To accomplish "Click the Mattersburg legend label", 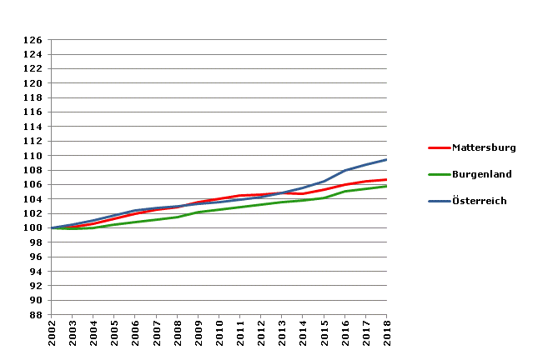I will [484, 147].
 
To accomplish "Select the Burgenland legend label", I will [482, 174].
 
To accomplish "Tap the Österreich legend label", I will [480, 201].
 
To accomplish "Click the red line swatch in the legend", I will [439, 147].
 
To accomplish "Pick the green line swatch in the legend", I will [439, 174].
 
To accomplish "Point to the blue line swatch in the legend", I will [439, 201].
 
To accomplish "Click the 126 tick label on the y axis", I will [33, 40].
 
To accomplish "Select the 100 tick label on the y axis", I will [33, 228].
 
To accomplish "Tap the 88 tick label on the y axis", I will [36, 315].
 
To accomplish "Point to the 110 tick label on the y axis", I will [33, 156].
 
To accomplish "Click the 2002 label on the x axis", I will [52, 337].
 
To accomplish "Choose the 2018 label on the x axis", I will [387, 337].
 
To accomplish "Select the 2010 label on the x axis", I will [219, 337].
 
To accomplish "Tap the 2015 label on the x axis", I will [324, 337].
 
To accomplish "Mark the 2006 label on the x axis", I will [135, 337].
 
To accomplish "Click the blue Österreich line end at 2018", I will [386, 160].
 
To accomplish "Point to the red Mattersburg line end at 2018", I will [386, 179].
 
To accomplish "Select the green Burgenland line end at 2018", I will [386, 186].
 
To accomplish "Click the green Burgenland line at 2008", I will [178, 217].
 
